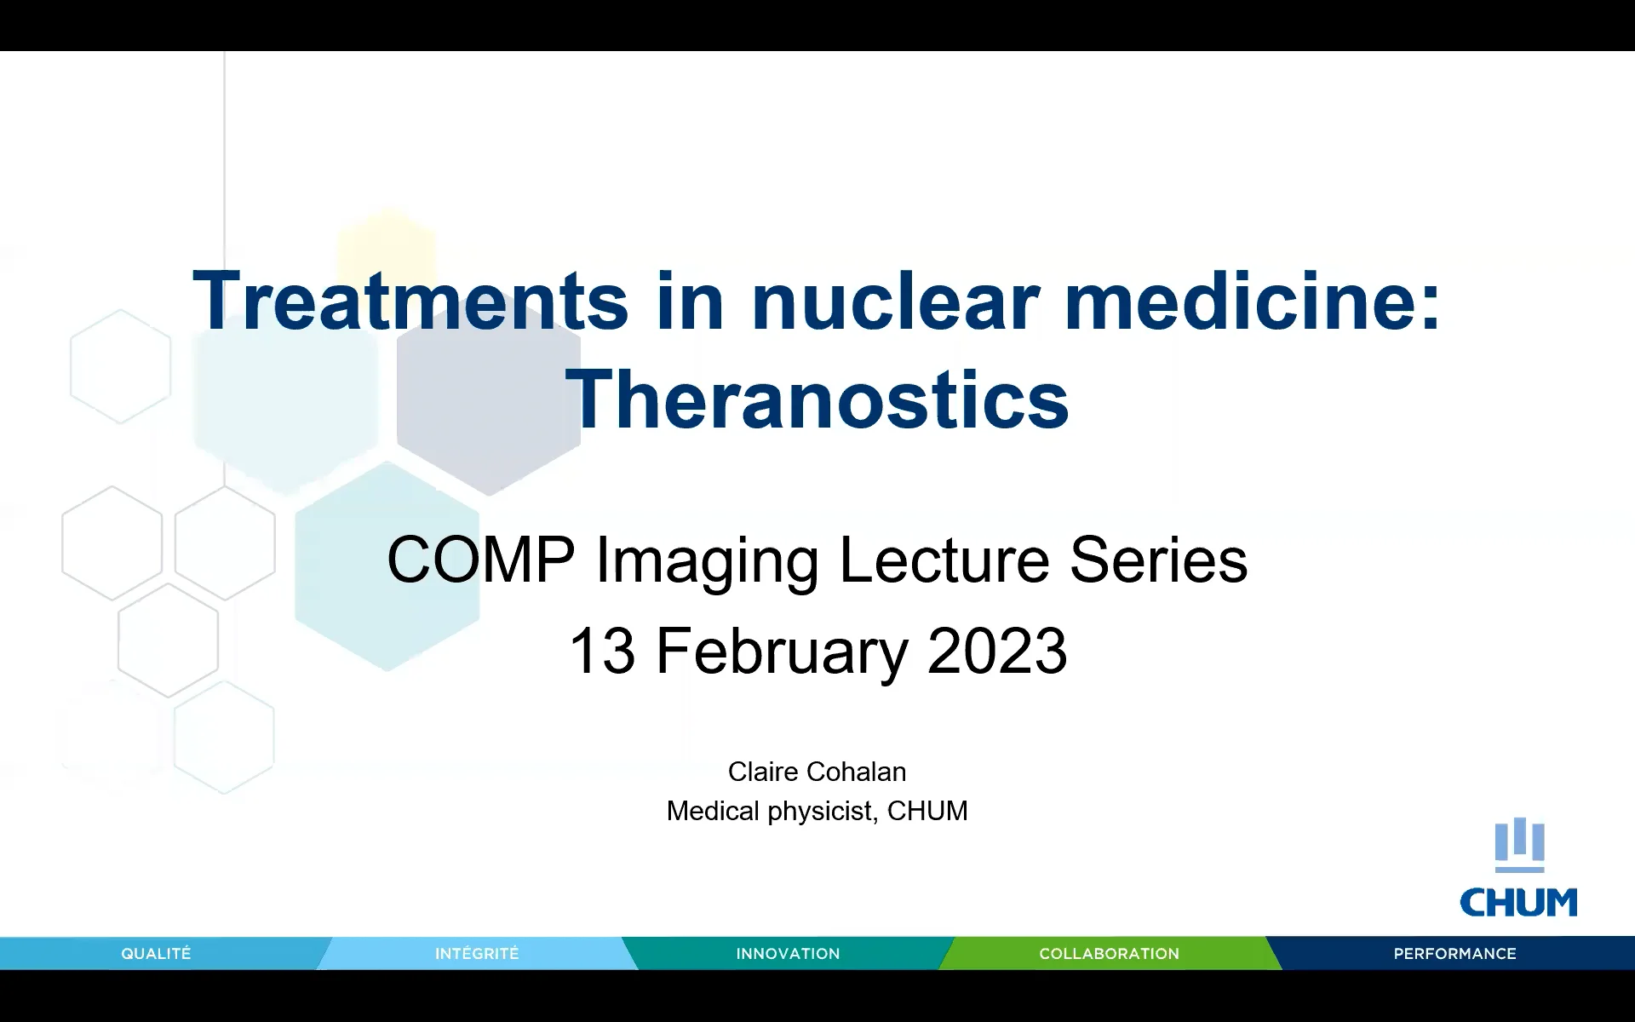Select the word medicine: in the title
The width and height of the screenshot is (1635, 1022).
coord(1252,301)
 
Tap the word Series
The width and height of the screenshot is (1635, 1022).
coord(1158,560)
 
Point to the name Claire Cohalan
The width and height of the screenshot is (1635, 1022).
coord(817,772)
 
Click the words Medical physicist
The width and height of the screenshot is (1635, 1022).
coord(771,811)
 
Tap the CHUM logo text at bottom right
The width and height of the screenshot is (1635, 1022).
coord(1518,903)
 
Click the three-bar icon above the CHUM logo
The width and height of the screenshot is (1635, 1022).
coord(1519,843)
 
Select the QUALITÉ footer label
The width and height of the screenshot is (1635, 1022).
coord(156,954)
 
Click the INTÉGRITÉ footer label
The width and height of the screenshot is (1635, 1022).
coord(477,954)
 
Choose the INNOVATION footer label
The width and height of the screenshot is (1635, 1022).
coord(788,954)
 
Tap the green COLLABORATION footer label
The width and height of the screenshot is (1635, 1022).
coord(1109,954)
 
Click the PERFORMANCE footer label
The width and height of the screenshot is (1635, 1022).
coord(1454,954)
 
